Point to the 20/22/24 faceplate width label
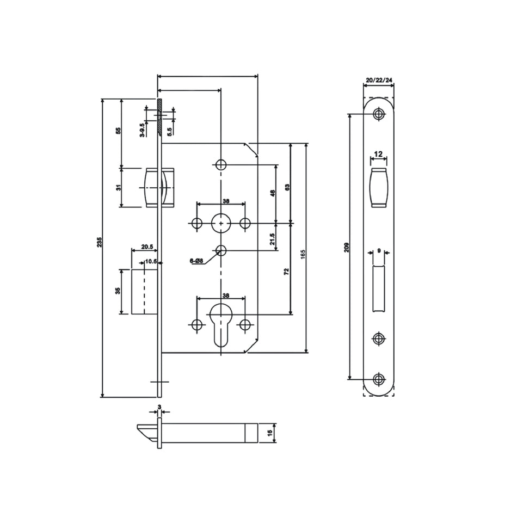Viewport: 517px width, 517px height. [379, 81]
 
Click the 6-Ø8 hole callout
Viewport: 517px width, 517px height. [196, 261]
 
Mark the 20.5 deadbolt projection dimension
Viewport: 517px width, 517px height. [146, 247]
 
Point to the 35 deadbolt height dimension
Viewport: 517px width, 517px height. [118, 291]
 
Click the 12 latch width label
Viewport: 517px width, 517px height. [379, 154]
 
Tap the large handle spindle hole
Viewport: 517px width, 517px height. [220, 223]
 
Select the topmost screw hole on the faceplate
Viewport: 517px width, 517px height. [379, 114]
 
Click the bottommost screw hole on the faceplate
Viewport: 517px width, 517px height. [379, 379]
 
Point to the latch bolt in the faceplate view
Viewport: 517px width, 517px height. [379, 188]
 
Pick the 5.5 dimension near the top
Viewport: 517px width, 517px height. [169, 131]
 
